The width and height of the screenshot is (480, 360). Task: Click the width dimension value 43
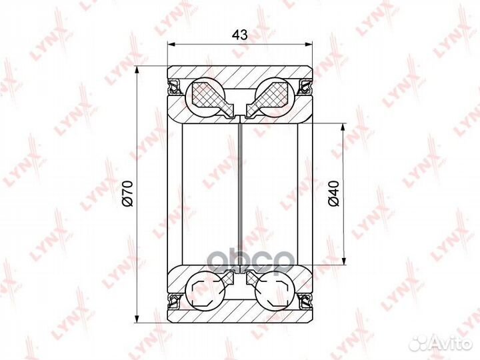pyautogui.click(x=240, y=35)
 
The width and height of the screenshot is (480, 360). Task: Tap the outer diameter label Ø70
pyautogui.click(x=127, y=193)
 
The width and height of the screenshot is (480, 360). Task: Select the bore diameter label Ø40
pyautogui.click(x=334, y=193)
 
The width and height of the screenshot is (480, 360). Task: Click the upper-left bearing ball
pyautogui.click(x=205, y=97)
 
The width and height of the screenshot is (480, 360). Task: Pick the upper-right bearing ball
pyautogui.click(x=275, y=97)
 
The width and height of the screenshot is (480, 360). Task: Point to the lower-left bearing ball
pyautogui.click(x=205, y=290)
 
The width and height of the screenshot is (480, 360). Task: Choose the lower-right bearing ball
pyautogui.click(x=275, y=290)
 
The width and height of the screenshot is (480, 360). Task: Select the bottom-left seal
pyautogui.click(x=175, y=300)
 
